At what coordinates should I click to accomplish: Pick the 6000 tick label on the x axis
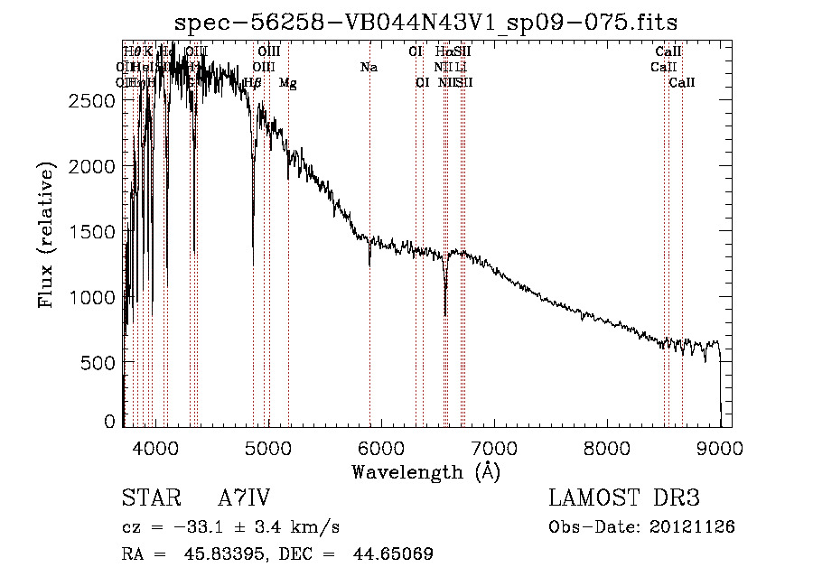pos(380,447)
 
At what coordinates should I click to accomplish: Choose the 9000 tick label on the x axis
pos(720,447)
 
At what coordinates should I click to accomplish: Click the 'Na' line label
pos(369,67)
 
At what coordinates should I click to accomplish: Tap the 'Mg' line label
pos(288,83)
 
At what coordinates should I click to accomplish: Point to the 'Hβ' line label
pos(253,83)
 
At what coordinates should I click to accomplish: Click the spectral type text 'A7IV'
pos(244,498)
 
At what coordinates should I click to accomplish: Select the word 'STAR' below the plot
pos(148,498)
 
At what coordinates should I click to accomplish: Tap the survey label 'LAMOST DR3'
pos(624,498)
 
